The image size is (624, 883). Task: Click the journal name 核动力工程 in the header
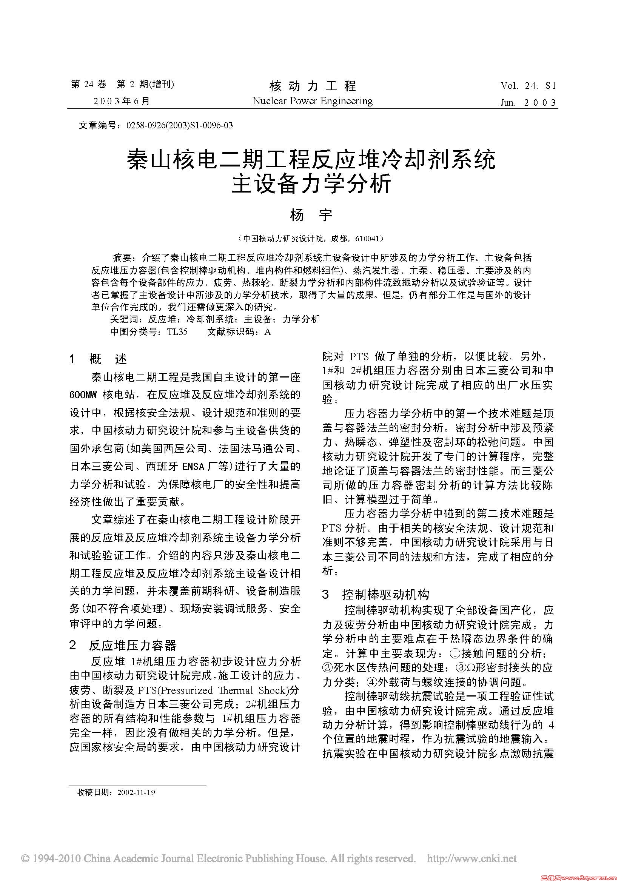[313, 85]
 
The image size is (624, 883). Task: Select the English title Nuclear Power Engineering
[313, 101]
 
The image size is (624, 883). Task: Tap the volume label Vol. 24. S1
[528, 86]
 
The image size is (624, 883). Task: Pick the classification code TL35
[177, 331]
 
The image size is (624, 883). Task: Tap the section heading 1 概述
[99, 359]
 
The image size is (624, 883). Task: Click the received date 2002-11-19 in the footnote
[136, 793]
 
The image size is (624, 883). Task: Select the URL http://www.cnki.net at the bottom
[472, 859]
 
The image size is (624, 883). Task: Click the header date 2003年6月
[122, 101]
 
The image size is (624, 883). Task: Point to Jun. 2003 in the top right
[528, 102]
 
